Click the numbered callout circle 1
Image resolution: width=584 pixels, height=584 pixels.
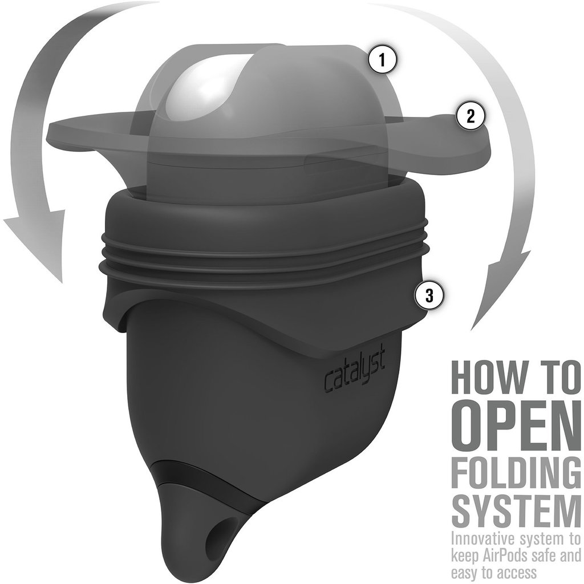382,60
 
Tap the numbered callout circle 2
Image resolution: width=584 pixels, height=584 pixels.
471,116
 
